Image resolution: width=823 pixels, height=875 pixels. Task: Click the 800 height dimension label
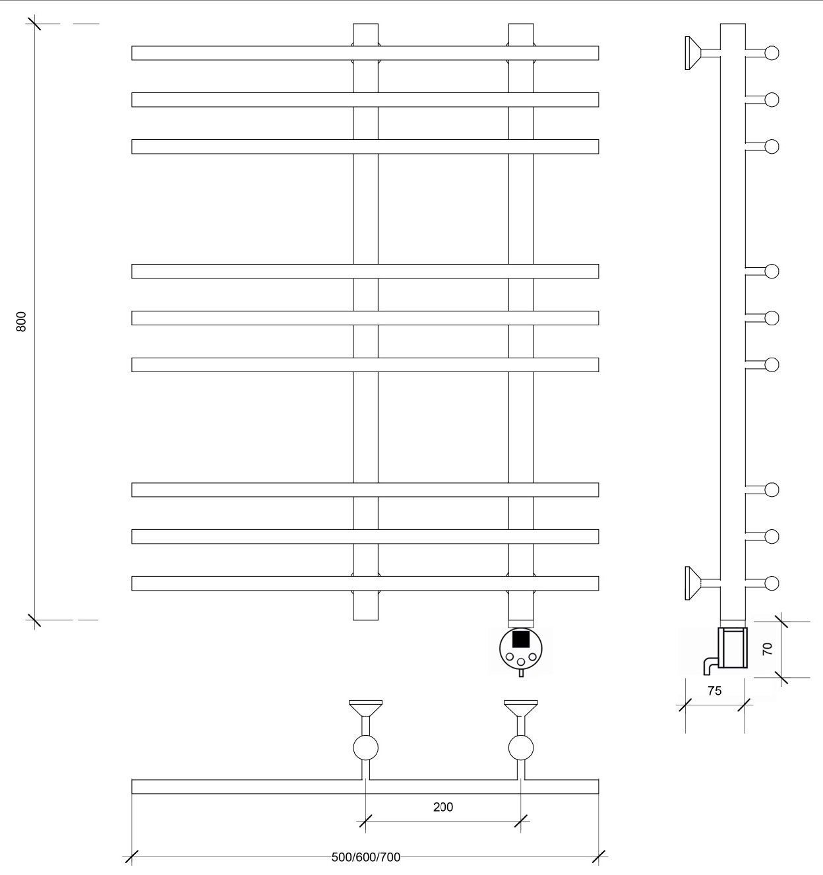[21, 321]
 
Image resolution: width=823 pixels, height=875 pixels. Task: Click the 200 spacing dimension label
[443, 807]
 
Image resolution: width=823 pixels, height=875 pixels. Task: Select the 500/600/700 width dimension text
[365, 857]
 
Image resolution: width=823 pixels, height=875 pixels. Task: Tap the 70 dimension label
[768, 649]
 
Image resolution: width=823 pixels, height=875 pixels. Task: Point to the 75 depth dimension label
[715, 691]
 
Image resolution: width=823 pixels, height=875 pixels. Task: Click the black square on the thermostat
[521, 639]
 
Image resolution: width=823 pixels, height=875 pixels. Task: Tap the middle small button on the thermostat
[521, 662]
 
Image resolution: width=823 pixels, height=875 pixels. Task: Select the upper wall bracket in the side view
[702, 53]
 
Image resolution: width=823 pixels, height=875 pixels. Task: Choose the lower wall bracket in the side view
[702, 583]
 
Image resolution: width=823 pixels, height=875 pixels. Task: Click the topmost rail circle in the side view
[772, 53]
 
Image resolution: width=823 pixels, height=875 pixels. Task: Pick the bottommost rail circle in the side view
[772, 583]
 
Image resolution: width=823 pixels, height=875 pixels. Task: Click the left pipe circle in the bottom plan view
[365, 748]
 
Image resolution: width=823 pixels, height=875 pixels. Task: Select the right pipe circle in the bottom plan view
[521, 748]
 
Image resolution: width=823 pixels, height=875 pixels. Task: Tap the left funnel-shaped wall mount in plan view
[365, 708]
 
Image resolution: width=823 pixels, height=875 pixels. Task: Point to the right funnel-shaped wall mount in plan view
[521, 708]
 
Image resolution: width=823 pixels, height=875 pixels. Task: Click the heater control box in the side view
[733, 647]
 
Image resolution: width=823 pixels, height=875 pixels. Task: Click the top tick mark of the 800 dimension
[34, 23]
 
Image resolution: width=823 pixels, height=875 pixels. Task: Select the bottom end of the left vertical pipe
[365, 620]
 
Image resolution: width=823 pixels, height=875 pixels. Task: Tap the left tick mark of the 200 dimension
[365, 821]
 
